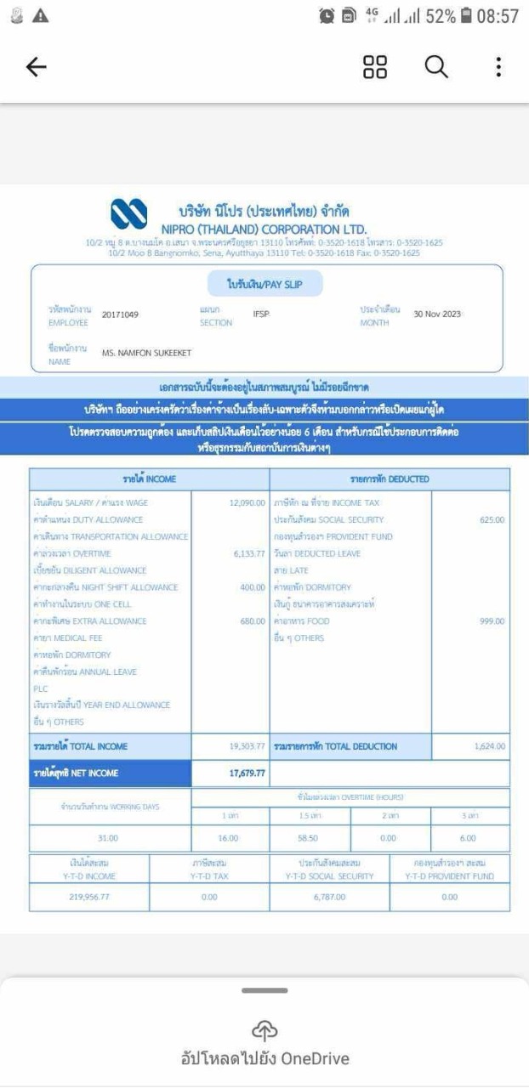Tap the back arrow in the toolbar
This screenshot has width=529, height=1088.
pyautogui.click(x=37, y=68)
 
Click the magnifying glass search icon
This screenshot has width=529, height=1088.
pyautogui.click(x=436, y=67)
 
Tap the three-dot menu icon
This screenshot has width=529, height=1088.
pyautogui.click(x=498, y=67)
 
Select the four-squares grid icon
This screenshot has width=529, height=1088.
pyautogui.click(x=375, y=67)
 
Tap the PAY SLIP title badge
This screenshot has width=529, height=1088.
pyautogui.click(x=264, y=283)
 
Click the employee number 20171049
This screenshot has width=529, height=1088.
pyautogui.click(x=120, y=314)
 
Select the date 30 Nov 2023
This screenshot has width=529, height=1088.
pyautogui.click(x=437, y=314)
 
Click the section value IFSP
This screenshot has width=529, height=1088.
pyautogui.click(x=261, y=314)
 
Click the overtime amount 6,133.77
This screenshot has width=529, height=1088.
pyautogui.click(x=248, y=553)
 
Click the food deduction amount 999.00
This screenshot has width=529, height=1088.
pyautogui.click(x=492, y=621)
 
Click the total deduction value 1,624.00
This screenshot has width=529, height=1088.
pyautogui.click(x=489, y=746)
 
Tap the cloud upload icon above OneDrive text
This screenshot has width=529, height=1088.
pyautogui.click(x=265, y=1029)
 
